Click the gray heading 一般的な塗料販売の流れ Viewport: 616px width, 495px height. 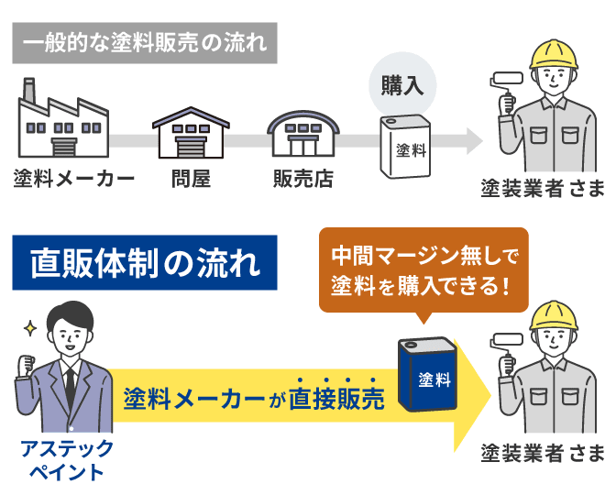(144, 43)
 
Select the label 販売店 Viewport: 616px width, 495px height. (303, 178)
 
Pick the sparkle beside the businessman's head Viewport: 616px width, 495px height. (29, 326)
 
